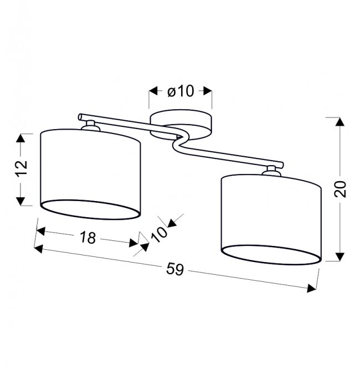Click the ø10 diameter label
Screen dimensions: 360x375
pos(181,91)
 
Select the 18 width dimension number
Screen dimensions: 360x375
pos(88,238)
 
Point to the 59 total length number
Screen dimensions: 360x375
pos(175,269)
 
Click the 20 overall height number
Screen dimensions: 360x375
pos(340,189)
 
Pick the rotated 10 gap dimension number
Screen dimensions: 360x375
pos(159,234)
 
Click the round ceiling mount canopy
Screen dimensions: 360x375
pos(181,125)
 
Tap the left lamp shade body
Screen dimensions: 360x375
pos(90,174)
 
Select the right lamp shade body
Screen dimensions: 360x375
pos(271,219)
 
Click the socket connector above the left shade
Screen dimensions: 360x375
pos(90,126)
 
